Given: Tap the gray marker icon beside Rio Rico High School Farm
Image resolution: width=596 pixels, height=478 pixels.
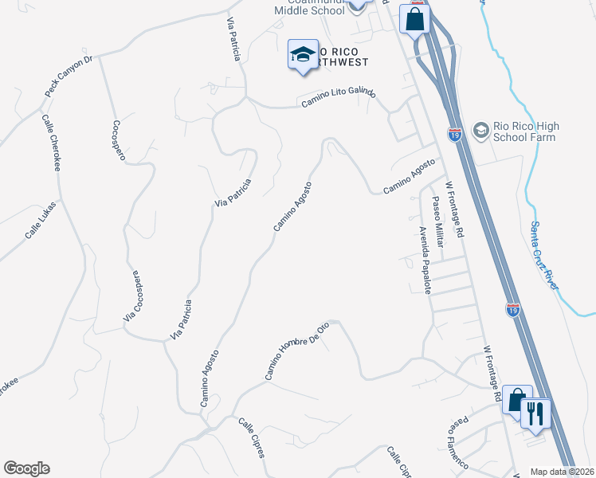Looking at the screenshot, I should pos(480,129).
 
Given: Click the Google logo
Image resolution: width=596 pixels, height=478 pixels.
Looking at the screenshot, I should pos(26,468).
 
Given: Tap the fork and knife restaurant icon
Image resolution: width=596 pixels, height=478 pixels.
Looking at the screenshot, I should pos(535,413).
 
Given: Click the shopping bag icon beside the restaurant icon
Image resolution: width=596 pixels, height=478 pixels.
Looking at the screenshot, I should pos(516,400).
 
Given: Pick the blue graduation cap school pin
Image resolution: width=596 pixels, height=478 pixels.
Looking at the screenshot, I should pos(303,55).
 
